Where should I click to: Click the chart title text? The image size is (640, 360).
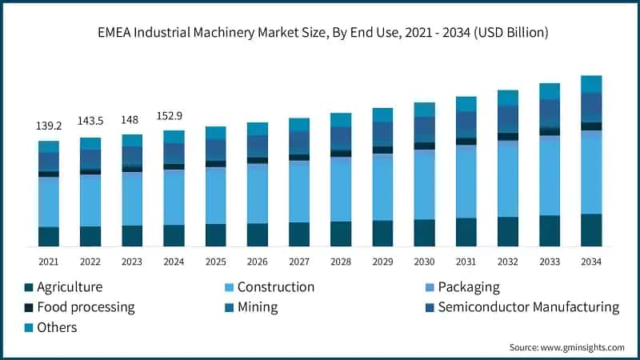[x=319, y=33]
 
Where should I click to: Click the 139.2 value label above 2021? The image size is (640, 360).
[x=48, y=126]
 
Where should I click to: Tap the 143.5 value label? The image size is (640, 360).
[x=90, y=120]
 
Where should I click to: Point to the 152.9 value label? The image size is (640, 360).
[x=174, y=114]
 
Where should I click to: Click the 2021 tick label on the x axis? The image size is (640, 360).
[x=48, y=262]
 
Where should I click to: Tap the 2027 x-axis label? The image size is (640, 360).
[x=298, y=262]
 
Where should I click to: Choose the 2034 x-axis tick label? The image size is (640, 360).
[x=591, y=262]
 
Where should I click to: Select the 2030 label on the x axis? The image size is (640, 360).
[x=424, y=262]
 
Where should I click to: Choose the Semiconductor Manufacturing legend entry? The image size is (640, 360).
[x=521, y=307]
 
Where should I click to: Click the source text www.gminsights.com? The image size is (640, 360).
[x=566, y=347]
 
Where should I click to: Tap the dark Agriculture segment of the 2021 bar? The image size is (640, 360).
[x=48, y=237]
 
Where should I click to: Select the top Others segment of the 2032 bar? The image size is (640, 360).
[x=508, y=98]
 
